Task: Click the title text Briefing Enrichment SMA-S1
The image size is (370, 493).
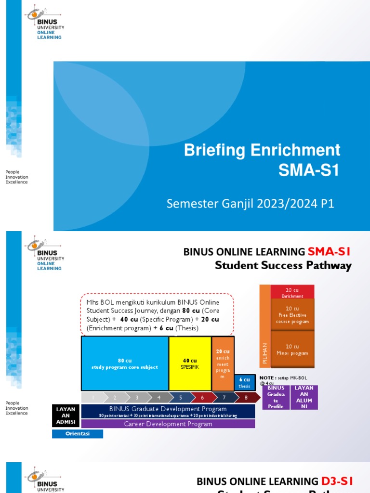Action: (262, 160)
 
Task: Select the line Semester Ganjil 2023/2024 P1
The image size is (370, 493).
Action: (250, 204)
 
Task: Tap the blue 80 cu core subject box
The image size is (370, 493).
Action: (125, 363)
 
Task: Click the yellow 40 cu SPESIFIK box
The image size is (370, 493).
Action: (190, 363)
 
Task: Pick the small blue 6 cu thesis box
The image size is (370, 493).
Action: (244, 382)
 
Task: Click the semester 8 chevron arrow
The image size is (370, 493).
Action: (246, 398)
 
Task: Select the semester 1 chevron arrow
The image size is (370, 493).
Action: (93, 398)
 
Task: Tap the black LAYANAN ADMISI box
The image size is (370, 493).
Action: (66, 415)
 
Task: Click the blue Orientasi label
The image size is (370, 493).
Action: (78, 434)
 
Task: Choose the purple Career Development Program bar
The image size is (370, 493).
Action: (168, 424)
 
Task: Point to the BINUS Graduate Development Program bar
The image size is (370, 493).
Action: (168, 411)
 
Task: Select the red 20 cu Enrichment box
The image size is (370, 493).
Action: (292, 292)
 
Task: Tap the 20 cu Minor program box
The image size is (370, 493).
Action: (292, 349)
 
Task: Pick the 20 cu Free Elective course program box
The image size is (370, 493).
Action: (292, 315)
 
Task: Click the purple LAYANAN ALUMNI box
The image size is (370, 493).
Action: (304, 397)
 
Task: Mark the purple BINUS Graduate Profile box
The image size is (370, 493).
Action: (276, 397)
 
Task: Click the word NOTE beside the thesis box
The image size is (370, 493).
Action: (266, 378)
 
